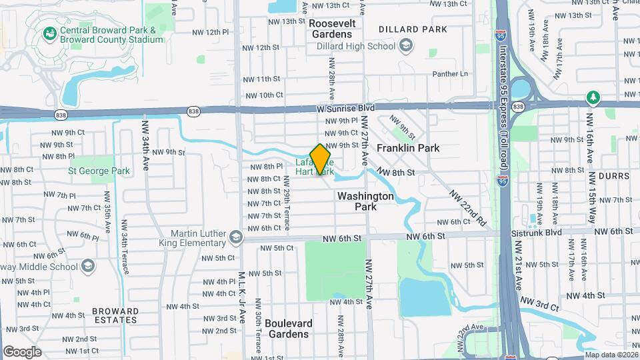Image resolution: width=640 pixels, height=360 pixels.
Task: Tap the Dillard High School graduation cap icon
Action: (x=405, y=46)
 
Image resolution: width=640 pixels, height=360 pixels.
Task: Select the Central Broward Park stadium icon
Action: (x=49, y=33)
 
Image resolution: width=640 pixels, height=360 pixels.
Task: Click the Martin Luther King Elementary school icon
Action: (x=235, y=238)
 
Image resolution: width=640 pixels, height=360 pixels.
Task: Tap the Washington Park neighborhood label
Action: (x=365, y=201)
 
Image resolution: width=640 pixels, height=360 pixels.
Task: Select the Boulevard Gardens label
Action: (x=289, y=329)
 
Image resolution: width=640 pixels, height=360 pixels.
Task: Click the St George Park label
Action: (x=99, y=171)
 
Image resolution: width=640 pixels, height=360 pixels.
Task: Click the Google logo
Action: (x=22, y=351)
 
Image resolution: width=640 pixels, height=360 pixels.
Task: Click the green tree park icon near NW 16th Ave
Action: (x=593, y=98)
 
